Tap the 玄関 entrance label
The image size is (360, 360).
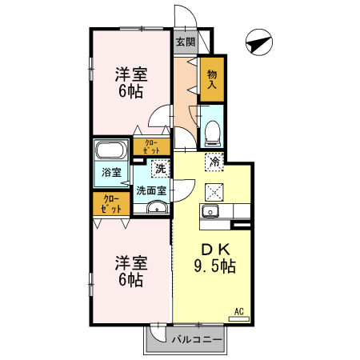pyautogui.click(x=186, y=42)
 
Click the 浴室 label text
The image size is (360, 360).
pyautogui.click(x=110, y=173)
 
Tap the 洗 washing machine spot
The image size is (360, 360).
pyautogui.click(x=160, y=168)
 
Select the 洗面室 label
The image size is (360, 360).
pyautogui.click(x=150, y=190)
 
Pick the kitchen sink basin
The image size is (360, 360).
pyautogui.click(x=211, y=211)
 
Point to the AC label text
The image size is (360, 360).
pyautogui.click(x=238, y=310)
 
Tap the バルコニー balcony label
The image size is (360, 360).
pyautogui.click(x=196, y=339)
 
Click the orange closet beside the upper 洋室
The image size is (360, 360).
pyautogui.click(x=151, y=146)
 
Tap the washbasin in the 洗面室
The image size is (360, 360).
pyautogui.click(x=156, y=209)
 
